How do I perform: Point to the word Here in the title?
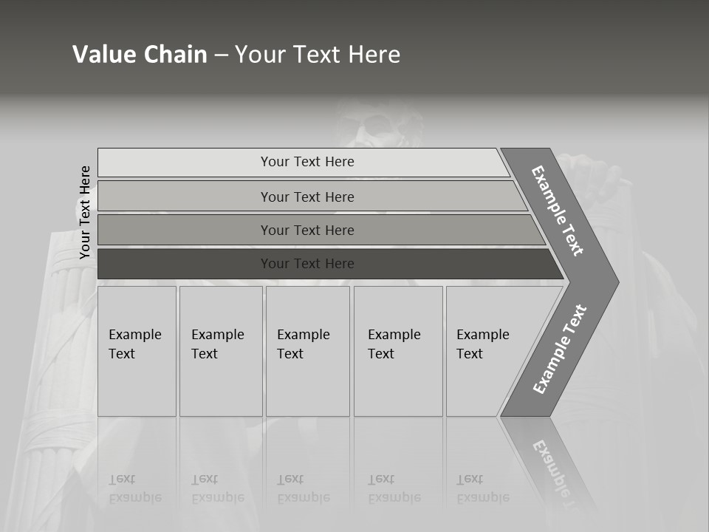click(374, 55)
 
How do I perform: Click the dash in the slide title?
click(221, 55)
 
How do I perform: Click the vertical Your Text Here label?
click(85, 212)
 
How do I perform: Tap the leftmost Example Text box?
click(137, 351)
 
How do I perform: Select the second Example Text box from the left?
click(220, 351)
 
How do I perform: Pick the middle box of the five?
click(307, 351)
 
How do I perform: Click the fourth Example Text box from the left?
click(398, 351)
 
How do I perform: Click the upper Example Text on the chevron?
click(558, 211)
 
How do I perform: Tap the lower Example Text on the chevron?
click(560, 349)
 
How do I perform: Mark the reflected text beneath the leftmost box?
click(135, 488)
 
